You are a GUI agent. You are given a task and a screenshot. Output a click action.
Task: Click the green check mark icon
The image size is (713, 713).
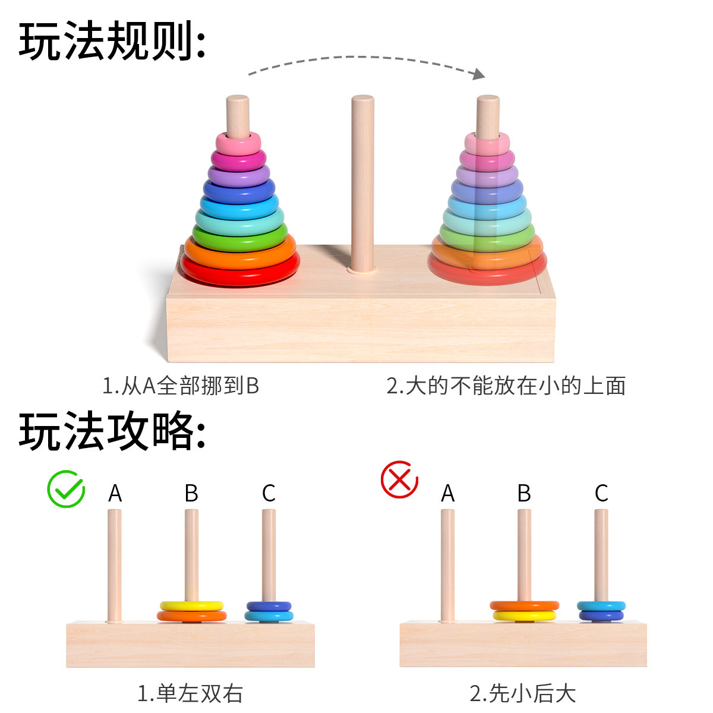[66, 489]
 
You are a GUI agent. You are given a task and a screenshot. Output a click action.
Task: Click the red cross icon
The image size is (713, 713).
[399, 479]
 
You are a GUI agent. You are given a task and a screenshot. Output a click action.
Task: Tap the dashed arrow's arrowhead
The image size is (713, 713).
[477, 74]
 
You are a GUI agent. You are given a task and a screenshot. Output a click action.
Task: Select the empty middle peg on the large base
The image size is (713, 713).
[362, 178]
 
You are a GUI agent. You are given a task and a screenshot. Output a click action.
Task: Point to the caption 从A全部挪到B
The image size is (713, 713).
[181, 386]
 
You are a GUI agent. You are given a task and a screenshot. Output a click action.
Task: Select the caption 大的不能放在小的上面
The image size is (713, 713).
[506, 386]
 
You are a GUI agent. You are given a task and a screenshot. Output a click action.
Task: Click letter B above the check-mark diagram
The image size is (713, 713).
[191, 493]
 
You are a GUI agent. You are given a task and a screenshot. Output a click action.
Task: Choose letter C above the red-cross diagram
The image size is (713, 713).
[601, 493]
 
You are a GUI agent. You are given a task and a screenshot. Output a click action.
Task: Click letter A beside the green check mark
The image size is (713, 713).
[115, 493]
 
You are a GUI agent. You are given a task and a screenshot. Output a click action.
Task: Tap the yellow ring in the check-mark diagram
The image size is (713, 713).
[191, 606]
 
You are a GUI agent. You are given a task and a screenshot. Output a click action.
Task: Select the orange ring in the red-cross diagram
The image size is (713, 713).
[525, 605]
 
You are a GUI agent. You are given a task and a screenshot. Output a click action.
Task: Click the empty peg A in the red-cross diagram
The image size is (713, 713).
[447, 564]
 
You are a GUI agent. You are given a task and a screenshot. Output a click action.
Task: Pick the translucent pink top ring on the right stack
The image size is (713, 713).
[487, 143]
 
